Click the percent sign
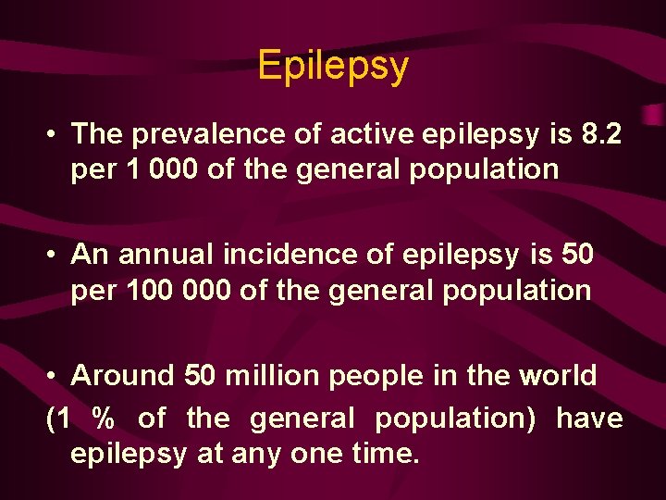click(104, 419)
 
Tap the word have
click(589, 419)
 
